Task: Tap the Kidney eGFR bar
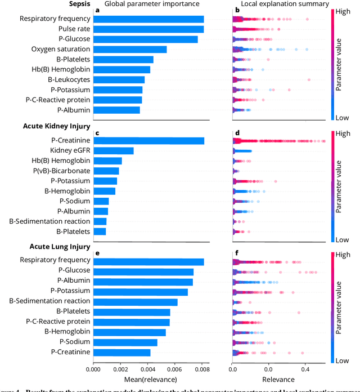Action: pyautogui.click(x=113, y=150)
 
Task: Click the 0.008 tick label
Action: pyautogui.click(x=201, y=369)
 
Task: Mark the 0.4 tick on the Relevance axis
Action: pyautogui.click(x=305, y=369)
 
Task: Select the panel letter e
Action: pyautogui.click(x=98, y=253)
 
